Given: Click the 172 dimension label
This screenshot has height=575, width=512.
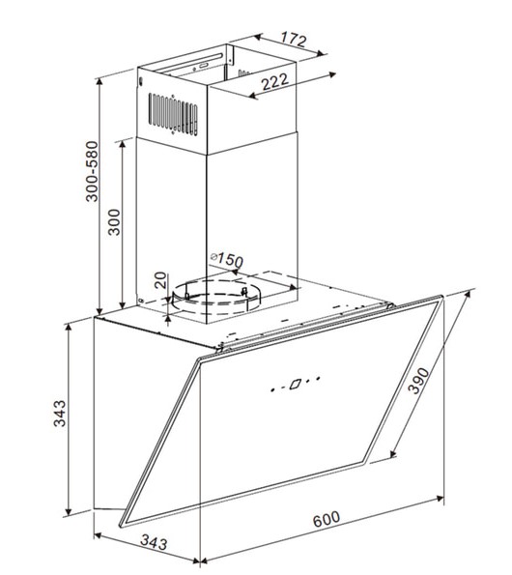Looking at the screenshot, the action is (x=294, y=39).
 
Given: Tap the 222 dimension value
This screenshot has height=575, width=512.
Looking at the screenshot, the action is (x=275, y=82).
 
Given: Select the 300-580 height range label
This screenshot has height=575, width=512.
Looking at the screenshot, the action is (x=93, y=172).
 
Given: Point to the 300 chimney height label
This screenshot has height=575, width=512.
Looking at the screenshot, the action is (x=114, y=222).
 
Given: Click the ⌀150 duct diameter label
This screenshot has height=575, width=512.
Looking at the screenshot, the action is (x=227, y=259).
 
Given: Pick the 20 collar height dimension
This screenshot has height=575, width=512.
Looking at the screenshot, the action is (x=160, y=280).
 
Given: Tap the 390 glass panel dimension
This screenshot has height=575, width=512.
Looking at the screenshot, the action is (x=418, y=381).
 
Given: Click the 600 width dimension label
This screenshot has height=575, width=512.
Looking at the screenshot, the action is (x=327, y=518).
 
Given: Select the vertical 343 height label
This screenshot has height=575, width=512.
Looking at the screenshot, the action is (x=60, y=414).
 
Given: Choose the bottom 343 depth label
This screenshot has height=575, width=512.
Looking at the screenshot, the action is (x=154, y=542).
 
